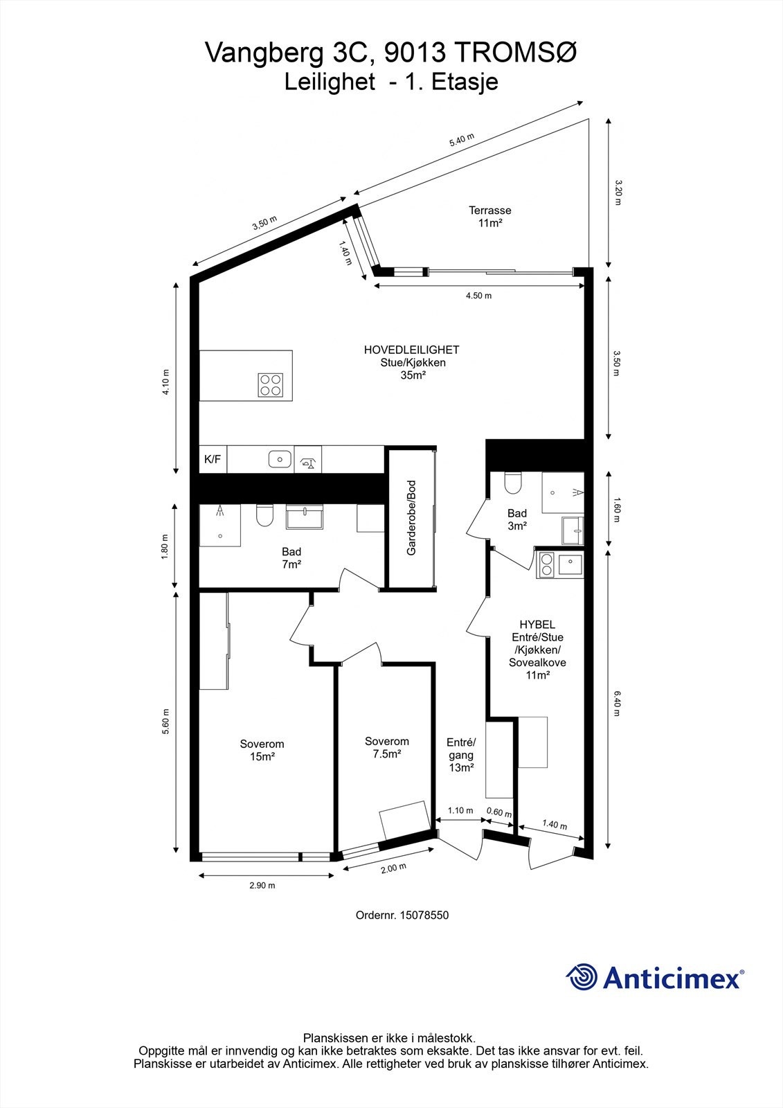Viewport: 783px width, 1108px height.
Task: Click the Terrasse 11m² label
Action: point(489,217)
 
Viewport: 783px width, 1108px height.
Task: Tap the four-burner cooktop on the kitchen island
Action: point(271,384)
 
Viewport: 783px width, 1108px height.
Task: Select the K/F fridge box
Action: point(213,458)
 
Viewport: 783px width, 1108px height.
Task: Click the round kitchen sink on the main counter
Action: point(279,458)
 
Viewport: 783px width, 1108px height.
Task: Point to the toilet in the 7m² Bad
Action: point(264,516)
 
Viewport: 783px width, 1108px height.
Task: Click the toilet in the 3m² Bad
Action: point(512,482)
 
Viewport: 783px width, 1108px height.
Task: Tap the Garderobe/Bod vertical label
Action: point(411,518)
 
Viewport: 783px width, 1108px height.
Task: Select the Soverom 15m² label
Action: point(262,750)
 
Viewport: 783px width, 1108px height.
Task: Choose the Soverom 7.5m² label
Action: point(386,747)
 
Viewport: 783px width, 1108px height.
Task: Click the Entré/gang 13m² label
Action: point(461,754)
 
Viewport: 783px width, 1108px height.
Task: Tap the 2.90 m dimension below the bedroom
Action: point(262,885)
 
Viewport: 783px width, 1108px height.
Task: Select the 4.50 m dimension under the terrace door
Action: point(478,296)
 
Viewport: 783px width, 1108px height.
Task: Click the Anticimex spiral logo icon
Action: point(582,977)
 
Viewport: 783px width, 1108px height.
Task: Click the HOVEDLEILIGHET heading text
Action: point(411,350)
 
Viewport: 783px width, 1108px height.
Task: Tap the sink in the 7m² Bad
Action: point(305,516)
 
